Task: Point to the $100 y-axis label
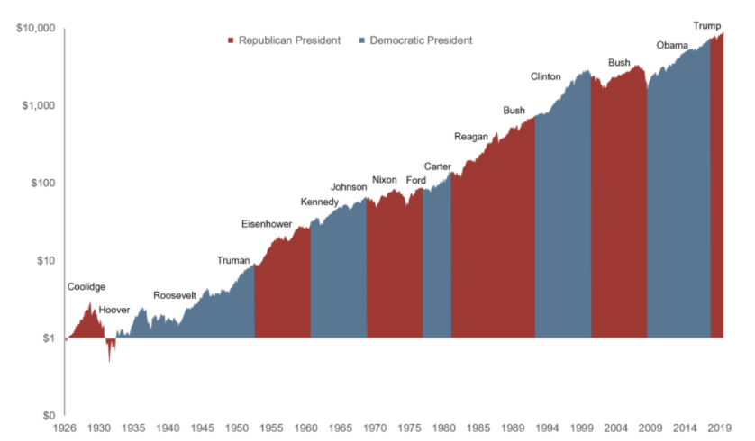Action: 41,183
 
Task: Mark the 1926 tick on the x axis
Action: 66,427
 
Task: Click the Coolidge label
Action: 86,287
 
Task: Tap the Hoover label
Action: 114,310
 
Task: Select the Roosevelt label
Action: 175,295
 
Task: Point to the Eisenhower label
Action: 267,223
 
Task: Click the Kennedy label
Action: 320,201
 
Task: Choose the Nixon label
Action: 384,180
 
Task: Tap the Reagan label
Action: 470,137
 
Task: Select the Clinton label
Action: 545,76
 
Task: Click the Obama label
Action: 672,45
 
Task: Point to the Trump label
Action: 706,25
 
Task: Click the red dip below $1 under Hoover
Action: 110,349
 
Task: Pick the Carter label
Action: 438,166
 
